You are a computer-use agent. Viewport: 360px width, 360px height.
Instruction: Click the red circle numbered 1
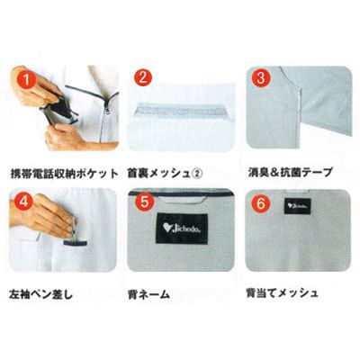28,81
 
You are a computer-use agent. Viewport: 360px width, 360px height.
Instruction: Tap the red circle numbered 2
143,78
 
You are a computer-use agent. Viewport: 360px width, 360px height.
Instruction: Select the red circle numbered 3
261,79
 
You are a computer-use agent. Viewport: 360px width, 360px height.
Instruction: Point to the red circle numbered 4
23,202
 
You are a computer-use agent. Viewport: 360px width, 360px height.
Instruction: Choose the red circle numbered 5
145,202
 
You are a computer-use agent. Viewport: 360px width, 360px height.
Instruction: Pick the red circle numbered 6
261,203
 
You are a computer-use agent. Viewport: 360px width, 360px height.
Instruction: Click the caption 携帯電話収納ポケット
64,173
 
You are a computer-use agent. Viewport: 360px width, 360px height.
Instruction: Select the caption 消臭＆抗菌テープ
290,172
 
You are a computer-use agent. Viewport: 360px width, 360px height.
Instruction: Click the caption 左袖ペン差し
41,294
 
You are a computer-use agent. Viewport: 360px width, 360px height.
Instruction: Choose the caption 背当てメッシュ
282,293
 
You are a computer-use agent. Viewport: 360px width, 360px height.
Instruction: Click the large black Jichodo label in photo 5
181,228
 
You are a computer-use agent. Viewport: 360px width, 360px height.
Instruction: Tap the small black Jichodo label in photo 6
297,206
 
